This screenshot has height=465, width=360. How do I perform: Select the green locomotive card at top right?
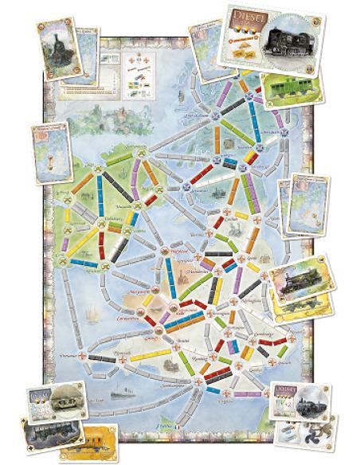pyautogui.click(x=292, y=85)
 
